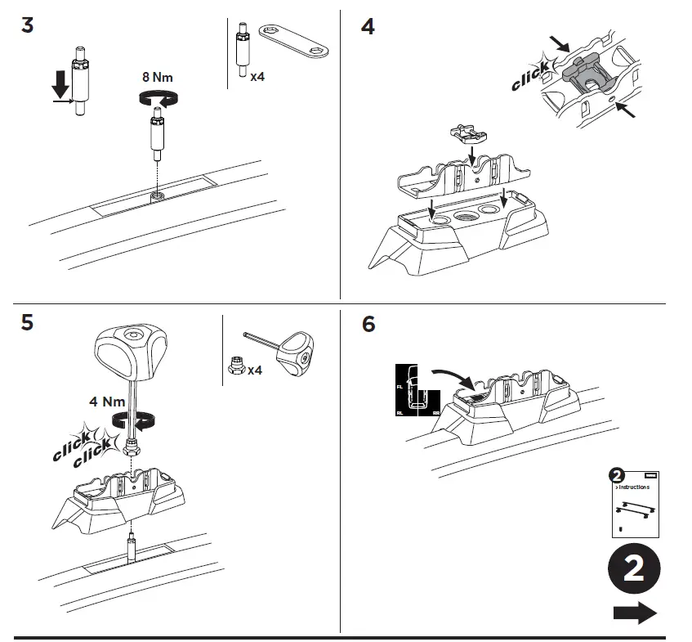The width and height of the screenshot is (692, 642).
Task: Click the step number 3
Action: click(x=27, y=25)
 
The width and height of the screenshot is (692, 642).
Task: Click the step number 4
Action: click(x=368, y=26)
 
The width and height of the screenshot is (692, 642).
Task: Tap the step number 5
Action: click(x=27, y=323)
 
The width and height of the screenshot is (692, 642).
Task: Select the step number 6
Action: click(x=368, y=324)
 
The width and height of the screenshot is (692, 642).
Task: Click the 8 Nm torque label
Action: click(x=157, y=78)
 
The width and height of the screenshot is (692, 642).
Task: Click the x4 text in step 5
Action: click(x=254, y=370)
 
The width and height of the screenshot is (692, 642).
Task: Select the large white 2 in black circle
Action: click(x=634, y=570)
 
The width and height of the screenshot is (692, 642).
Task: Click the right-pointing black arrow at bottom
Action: click(x=635, y=613)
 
